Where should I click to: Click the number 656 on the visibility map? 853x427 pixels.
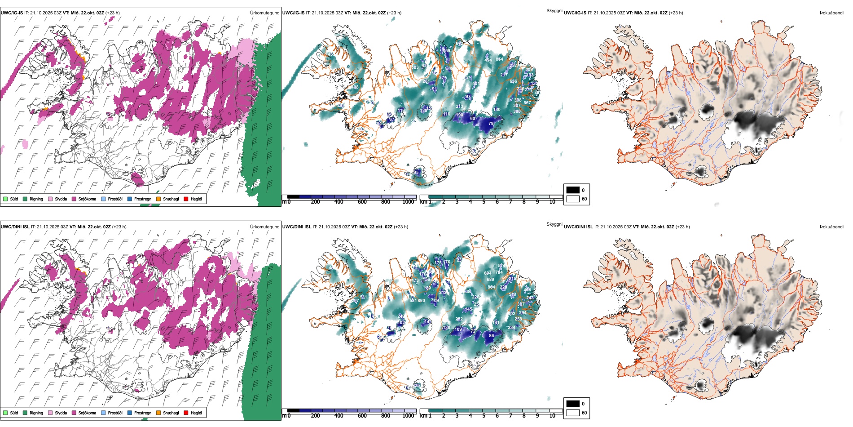[x=513, y=81]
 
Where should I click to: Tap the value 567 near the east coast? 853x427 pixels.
[x=527, y=102]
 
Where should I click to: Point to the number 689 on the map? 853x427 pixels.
[x=490, y=280]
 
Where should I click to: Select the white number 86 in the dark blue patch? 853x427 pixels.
[x=491, y=335]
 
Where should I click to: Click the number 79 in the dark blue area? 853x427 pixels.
[x=491, y=123]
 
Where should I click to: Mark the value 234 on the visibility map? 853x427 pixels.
[x=511, y=328]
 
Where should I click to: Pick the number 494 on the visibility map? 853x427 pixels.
[x=488, y=60]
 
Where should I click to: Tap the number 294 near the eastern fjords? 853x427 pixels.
[x=523, y=313]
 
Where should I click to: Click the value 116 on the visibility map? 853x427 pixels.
[x=446, y=114]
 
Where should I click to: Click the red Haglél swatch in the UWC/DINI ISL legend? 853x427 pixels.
[x=186, y=413]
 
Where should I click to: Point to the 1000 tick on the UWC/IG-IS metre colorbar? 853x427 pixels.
[x=408, y=202]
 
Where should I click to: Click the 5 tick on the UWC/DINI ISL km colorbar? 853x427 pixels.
[x=484, y=416]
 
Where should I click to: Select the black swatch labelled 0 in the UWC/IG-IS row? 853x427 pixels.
[x=573, y=190]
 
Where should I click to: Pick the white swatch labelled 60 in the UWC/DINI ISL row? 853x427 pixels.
[x=573, y=413]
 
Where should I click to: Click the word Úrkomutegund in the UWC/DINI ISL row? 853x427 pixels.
[x=264, y=227]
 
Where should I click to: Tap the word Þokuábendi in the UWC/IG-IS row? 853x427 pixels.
[x=831, y=13]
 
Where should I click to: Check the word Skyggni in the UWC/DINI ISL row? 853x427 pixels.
[x=554, y=224]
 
